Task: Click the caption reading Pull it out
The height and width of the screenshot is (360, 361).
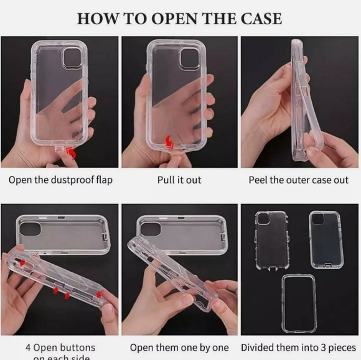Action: pyautogui.click(x=179, y=180)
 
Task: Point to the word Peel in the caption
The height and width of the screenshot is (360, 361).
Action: pyautogui.click(x=260, y=180)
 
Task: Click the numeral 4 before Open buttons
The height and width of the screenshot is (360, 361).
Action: pyautogui.click(x=28, y=347)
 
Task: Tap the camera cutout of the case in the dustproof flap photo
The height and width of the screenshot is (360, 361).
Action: pyautogui.click(x=72, y=58)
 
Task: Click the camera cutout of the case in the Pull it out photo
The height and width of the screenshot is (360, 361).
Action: pyautogui.click(x=189, y=58)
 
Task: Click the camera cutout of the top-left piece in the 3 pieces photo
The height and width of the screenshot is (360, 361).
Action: pyautogui.click(x=263, y=219)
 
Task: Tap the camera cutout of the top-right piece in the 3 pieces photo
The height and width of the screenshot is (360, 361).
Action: pyautogui.click(x=317, y=219)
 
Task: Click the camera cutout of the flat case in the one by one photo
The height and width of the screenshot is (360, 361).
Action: pyautogui.click(x=149, y=228)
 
